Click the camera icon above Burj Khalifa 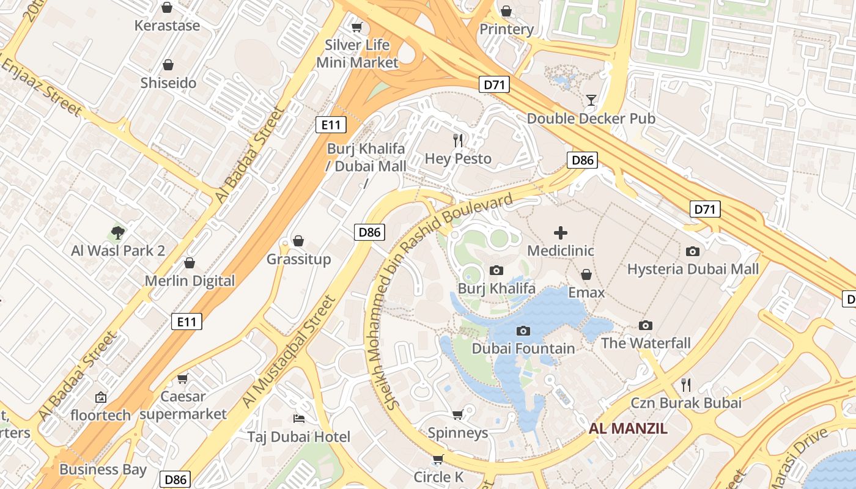coord(496,270)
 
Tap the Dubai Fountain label coord(523,348)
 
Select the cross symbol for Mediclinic coord(561,233)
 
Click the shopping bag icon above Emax coord(586,274)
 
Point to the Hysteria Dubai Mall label coord(693,269)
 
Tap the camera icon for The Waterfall coord(646,325)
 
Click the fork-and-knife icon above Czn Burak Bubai coord(686,384)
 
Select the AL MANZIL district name coord(628,428)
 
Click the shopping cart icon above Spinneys coord(457,415)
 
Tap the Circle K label coord(438,477)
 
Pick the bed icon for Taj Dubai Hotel coord(299,419)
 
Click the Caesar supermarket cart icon coord(182,379)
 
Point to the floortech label coord(101,415)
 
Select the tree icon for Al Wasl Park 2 coord(118,232)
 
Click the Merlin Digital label coord(190,281)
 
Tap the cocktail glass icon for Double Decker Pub coord(591,100)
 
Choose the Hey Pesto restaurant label coord(458,159)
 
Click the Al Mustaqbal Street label coord(289,352)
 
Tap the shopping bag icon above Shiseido coord(168,65)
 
